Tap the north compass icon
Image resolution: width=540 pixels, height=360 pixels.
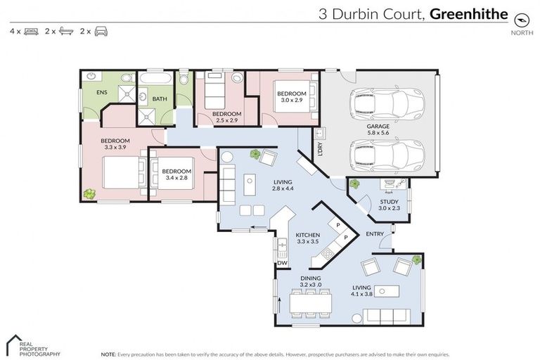click(x=521, y=18)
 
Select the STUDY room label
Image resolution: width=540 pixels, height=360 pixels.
click(x=389, y=205)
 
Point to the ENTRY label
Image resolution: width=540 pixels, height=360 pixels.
click(x=375, y=234)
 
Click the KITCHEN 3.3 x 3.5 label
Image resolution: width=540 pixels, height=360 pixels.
click(x=308, y=238)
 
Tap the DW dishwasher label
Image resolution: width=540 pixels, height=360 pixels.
click(x=283, y=263)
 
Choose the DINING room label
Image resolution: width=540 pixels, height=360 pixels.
click(x=311, y=281)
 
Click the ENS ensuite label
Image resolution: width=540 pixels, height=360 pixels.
click(x=92, y=110)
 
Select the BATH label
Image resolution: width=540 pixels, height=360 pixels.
click(x=160, y=99)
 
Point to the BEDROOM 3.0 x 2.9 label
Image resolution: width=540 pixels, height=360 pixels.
click(x=291, y=97)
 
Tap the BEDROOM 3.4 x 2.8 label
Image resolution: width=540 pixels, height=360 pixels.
click(x=176, y=174)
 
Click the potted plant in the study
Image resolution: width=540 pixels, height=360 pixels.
click(x=354, y=184)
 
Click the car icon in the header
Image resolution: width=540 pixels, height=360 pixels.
click(x=101, y=32)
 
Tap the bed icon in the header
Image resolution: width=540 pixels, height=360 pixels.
click(x=31, y=32)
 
